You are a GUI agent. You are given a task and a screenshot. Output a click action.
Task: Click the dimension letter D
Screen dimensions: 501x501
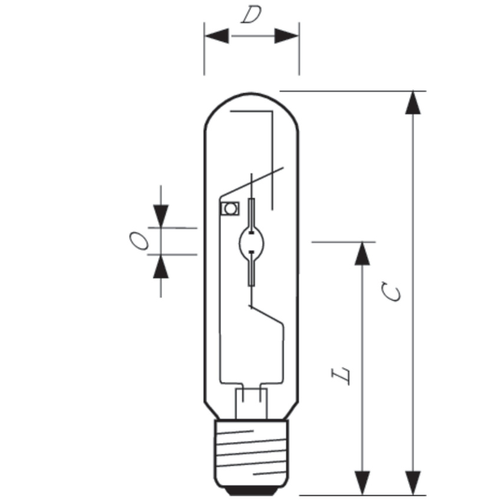(x=251, y=15)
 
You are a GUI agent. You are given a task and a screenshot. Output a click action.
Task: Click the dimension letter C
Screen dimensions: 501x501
(x=392, y=291)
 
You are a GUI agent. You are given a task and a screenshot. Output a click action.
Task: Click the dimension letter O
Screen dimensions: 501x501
(x=139, y=241)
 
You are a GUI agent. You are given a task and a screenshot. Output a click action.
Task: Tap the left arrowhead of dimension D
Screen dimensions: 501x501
(x=217, y=36)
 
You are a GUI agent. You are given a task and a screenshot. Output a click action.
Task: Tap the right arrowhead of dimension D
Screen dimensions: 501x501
(x=286, y=36)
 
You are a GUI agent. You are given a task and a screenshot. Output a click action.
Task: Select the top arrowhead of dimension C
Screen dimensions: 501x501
(x=413, y=103)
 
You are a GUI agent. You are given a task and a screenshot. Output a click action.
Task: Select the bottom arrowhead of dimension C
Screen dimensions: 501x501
(x=413, y=483)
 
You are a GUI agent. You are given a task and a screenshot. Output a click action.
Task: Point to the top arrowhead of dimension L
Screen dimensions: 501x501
(x=362, y=253)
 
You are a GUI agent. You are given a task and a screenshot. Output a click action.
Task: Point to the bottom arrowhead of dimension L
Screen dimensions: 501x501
(x=362, y=483)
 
